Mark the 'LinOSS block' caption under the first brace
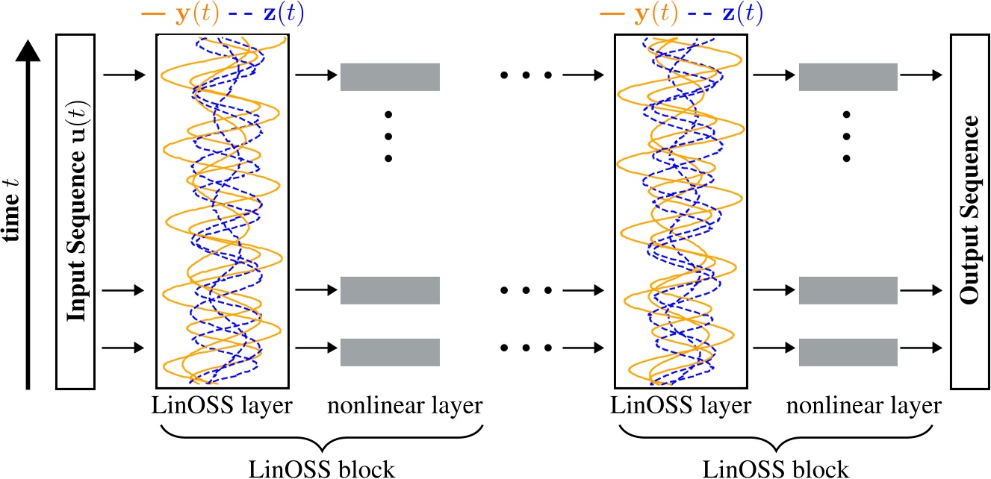click(x=322, y=469)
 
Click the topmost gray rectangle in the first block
click(x=390, y=77)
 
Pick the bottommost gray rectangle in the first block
click(x=390, y=351)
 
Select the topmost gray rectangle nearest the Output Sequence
click(x=848, y=77)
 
